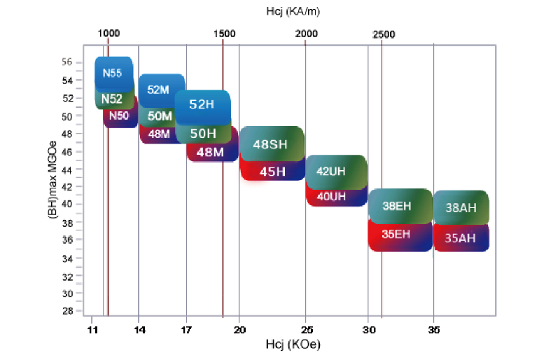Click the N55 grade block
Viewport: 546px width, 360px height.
pyautogui.click(x=113, y=72)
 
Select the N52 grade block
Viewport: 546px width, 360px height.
pyautogui.click(x=112, y=99)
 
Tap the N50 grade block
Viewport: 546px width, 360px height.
pyautogui.click(x=120, y=116)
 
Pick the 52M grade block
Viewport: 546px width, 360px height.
pyautogui.click(x=159, y=89)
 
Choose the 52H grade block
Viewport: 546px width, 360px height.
pyautogui.click(x=201, y=104)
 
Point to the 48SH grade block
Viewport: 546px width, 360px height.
pyautogui.click(x=270, y=144)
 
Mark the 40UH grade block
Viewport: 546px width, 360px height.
pyautogui.click(x=332, y=196)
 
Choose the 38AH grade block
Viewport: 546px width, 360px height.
pyautogui.click(x=461, y=207)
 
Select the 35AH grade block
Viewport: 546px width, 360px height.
pyautogui.click(x=460, y=237)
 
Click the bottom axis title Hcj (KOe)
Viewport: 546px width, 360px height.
pyautogui.click(x=292, y=345)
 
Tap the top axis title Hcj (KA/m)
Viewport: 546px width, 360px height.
pyautogui.click(x=293, y=11)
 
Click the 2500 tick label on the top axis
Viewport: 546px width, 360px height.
pyautogui.click(x=384, y=34)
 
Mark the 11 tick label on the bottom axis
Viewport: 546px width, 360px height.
pyautogui.click(x=92, y=328)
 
